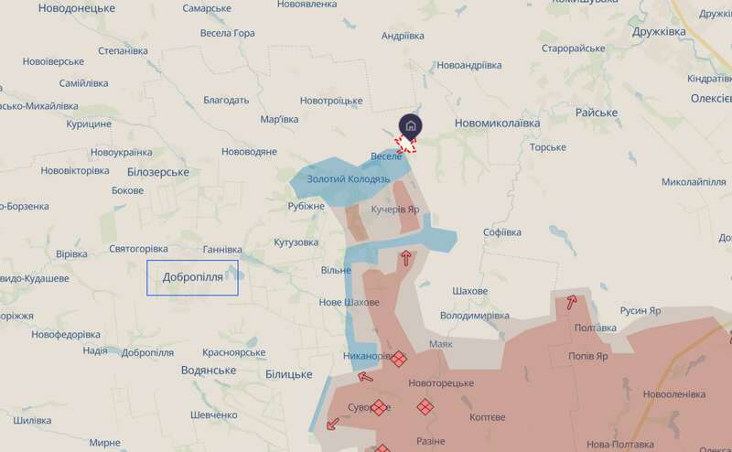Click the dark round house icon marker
coord(411,125)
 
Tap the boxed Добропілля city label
coord(192,277)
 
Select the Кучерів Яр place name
coord(395,210)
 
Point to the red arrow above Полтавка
coord(572,302)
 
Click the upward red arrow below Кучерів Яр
coord(405,258)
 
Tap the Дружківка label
coord(671,31)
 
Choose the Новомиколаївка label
coord(497,122)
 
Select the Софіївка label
coord(501,232)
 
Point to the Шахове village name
coord(469,291)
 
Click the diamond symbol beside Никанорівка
coord(398,360)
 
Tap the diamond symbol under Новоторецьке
coord(425,406)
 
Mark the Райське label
coord(597,112)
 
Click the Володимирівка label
coord(474,316)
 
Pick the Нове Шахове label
coord(348,302)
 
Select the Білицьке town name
coord(288,374)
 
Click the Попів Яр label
coord(587,356)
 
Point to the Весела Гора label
coord(227,33)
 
